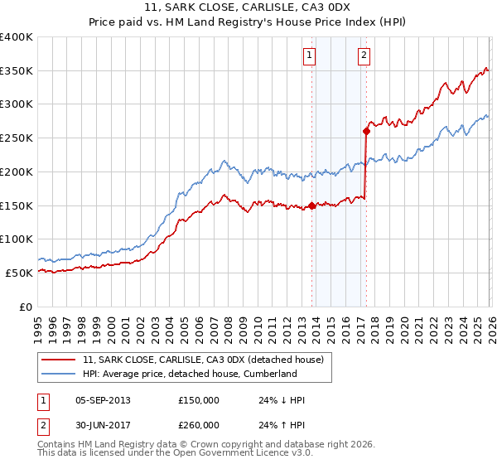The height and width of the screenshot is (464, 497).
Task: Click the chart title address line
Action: pyautogui.click(x=248, y=9)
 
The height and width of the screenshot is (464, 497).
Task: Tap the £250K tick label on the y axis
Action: pyautogui.click(x=17, y=138)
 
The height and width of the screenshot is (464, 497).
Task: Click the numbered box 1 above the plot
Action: pyautogui.click(x=309, y=56)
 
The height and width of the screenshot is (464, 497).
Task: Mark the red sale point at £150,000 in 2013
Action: pyautogui.click(x=311, y=205)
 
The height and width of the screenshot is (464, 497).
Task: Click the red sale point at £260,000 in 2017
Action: pyautogui.click(x=366, y=131)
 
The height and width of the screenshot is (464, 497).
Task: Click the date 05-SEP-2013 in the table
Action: pyautogui.click(x=103, y=400)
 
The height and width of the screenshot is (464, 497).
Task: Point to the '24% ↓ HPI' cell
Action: pyautogui.click(x=282, y=400)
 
